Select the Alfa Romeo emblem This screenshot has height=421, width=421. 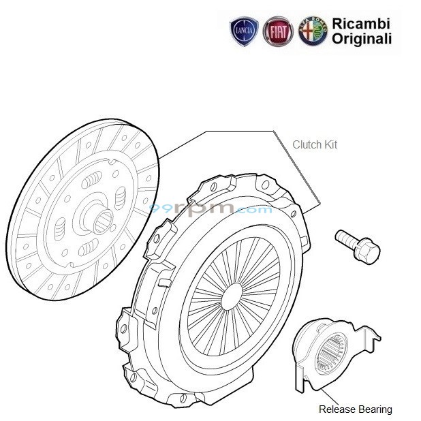click(312, 31)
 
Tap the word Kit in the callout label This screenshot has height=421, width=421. click(331, 144)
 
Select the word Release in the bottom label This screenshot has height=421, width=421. click(337, 409)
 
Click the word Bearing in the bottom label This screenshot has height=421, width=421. click(375, 409)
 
